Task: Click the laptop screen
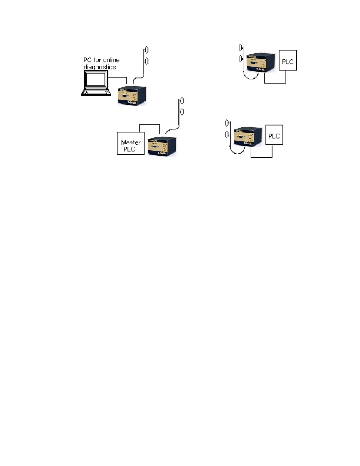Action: point(95,79)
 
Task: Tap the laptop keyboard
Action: point(96,92)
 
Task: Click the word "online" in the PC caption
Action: point(111,60)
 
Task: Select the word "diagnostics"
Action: point(100,67)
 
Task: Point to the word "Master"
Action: point(131,142)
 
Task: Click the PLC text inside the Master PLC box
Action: point(129,149)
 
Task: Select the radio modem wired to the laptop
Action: point(132,96)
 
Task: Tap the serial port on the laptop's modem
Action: point(125,96)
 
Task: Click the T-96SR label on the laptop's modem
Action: point(132,102)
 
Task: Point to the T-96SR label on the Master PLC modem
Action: point(162,153)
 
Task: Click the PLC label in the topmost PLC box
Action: point(288,62)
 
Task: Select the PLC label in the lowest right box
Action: point(274,136)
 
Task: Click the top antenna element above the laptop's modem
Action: point(146,50)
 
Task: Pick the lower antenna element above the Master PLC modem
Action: point(182,112)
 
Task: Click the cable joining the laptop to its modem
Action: point(118,78)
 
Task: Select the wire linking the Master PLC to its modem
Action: point(150,124)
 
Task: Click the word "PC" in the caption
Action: point(87,60)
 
